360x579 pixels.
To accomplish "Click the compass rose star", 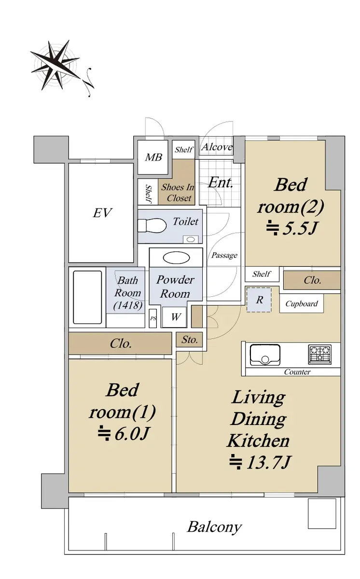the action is [x=55, y=65].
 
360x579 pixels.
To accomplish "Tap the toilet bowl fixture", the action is [x=152, y=225].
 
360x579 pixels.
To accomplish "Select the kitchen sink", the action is [x=265, y=355].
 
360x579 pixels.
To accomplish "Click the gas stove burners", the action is [x=320, y=354].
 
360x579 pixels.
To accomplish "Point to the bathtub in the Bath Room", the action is [x=87, y=297].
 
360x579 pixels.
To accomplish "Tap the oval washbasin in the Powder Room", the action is [x=177, y=258].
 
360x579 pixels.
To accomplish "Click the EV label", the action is [x=102, y=213].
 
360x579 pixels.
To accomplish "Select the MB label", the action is [x=153, y=157].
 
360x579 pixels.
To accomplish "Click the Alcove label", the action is [x=217, y=147].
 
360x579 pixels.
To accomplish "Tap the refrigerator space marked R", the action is [x=259, y=300].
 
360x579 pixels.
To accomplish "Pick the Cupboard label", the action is [x=302, y=303].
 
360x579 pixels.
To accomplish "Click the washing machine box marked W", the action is [x=174, y=317].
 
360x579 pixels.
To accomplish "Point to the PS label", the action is [x=153, y=318].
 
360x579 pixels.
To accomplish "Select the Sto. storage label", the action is [x=190, y=340].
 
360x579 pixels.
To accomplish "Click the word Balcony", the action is [x=214, y=527].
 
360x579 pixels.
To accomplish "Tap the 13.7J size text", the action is [x=261, y=462].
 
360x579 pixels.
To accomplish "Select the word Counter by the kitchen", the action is [x=297, y=372].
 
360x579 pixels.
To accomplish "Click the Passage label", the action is [x=224, y=255].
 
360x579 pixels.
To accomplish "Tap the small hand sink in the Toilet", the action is [x=191, y=240].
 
